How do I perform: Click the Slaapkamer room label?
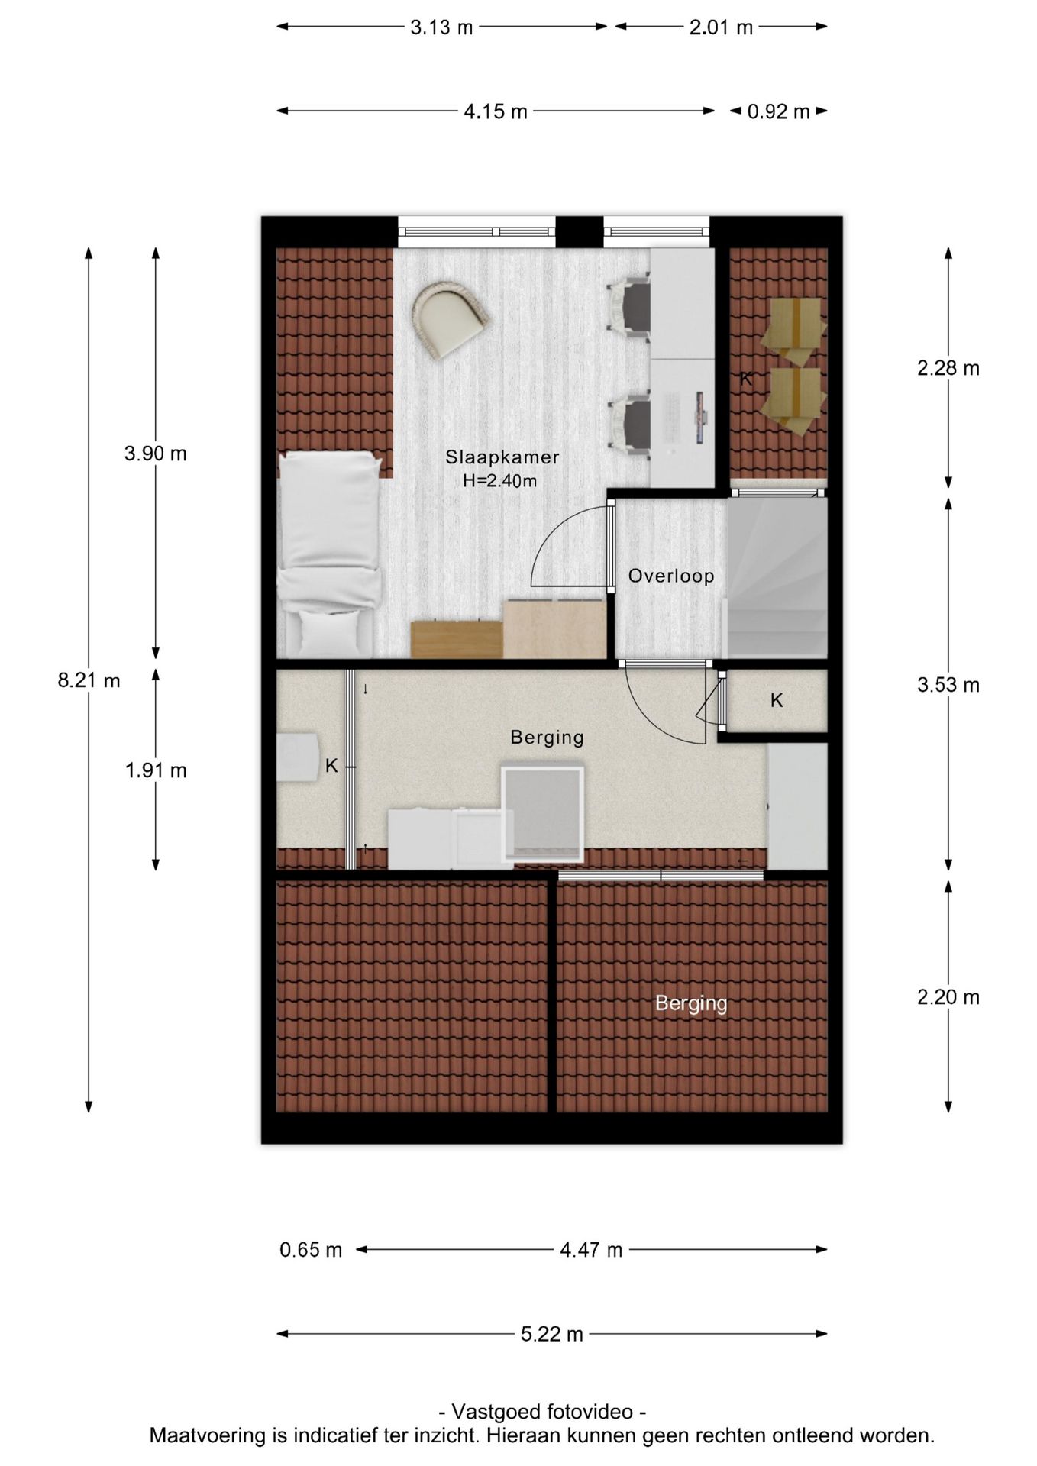click(x=502, y=457)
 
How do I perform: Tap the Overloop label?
click(x=671, y=576)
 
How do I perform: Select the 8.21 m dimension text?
click(x=89, y=680)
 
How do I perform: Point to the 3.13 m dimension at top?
click(x=441, y=27)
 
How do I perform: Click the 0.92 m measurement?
click(x=778, y=111)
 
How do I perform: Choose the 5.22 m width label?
click(x=552, y=1334)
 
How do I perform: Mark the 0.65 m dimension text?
click(x=311, y=1250)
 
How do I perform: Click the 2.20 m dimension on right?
click(x=948, y=997)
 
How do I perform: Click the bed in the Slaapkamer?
click(x=329, y=554)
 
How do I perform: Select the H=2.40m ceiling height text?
click(x=500, y=481)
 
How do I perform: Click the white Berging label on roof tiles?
click(x=691, y=1003)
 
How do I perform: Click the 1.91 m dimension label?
click(x=156, y=770)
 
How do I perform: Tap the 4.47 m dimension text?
click(x=591, y=1250)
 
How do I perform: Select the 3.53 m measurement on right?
click(x=948, y=685)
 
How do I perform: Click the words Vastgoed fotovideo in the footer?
click(x=542, y=1412)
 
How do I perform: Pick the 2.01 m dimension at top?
click(x=721, y=27)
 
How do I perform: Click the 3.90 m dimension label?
click(x=156, y=454)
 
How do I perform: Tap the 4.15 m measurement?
click(x=496, y=111)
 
